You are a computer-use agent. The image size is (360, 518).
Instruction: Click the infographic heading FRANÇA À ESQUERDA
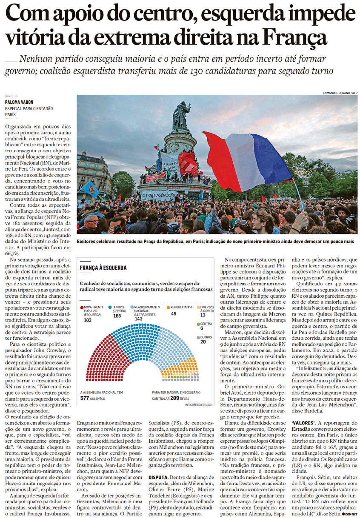click(103, 268)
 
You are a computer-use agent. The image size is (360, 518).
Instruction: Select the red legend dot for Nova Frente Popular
click(81, 307)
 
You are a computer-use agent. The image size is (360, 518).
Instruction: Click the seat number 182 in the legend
click(88, 319)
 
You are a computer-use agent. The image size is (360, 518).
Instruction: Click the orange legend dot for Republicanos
click(169, 307)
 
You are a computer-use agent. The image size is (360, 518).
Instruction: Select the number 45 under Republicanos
click(174, 314)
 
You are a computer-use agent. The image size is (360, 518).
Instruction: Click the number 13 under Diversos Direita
click(203, 315)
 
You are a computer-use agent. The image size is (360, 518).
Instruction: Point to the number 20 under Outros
click(203, 342)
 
